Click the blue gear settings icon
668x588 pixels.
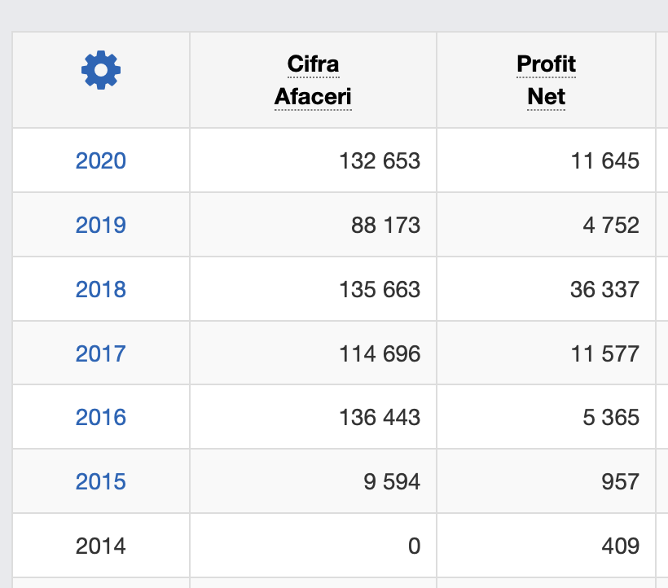101,71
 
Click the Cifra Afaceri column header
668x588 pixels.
313,81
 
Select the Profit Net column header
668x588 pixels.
546,81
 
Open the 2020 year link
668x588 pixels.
101,160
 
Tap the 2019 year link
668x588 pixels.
101,225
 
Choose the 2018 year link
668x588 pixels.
101,289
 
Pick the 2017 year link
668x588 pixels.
101,353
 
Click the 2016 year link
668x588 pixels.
101,418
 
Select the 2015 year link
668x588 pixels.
101,481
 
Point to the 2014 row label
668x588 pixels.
101,546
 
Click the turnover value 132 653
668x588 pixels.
380,160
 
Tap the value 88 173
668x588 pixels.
385,225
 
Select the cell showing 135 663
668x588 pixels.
380,289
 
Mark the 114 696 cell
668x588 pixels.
380,353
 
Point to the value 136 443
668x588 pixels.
380,418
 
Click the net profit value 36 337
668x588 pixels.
604,289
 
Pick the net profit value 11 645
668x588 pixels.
604,160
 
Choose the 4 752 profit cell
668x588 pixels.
610,225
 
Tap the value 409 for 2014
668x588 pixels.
622,546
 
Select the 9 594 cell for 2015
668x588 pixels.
392,481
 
